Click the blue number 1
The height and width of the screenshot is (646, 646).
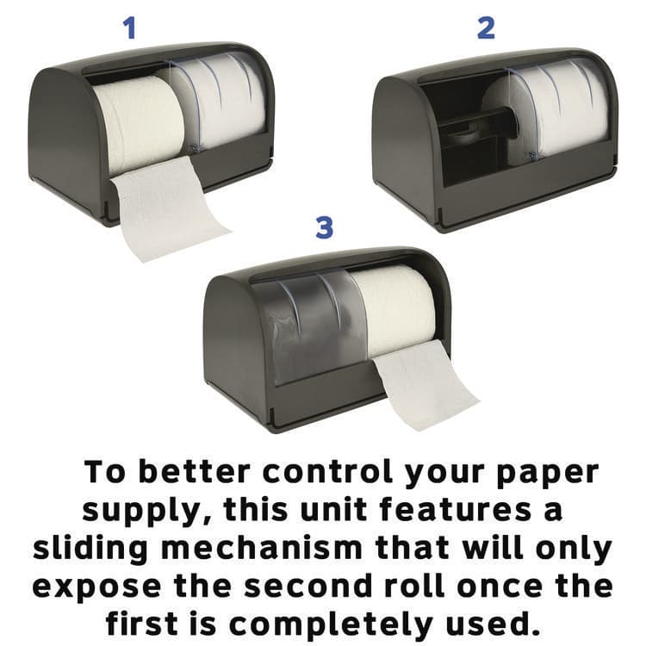coord(130,28)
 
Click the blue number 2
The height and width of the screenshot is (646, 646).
coord(486,28)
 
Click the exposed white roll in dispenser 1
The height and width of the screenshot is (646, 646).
coord(138,121)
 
